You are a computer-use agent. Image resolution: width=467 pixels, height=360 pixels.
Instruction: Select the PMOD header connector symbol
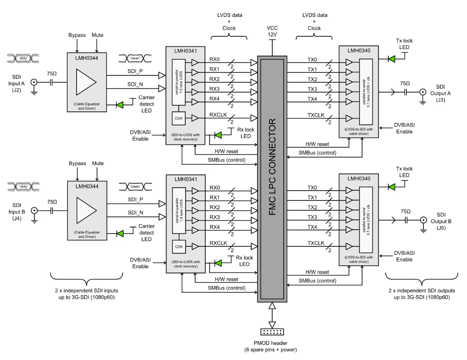[272, 333]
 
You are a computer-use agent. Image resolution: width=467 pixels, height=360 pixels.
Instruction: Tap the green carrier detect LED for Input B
[120, 233]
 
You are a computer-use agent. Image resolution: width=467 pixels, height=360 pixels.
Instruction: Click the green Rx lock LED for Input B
[218, 263]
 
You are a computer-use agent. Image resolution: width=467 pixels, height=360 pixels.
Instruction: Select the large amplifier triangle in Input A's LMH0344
[86, 81]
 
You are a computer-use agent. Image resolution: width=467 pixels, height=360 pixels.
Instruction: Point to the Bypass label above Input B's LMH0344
[77, 164]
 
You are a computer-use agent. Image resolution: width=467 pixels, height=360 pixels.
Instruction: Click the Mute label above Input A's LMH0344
[97, 35]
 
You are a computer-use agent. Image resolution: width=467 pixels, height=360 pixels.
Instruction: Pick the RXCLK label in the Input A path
[218, 114]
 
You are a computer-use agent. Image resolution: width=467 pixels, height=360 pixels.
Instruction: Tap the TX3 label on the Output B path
[312, 217]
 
